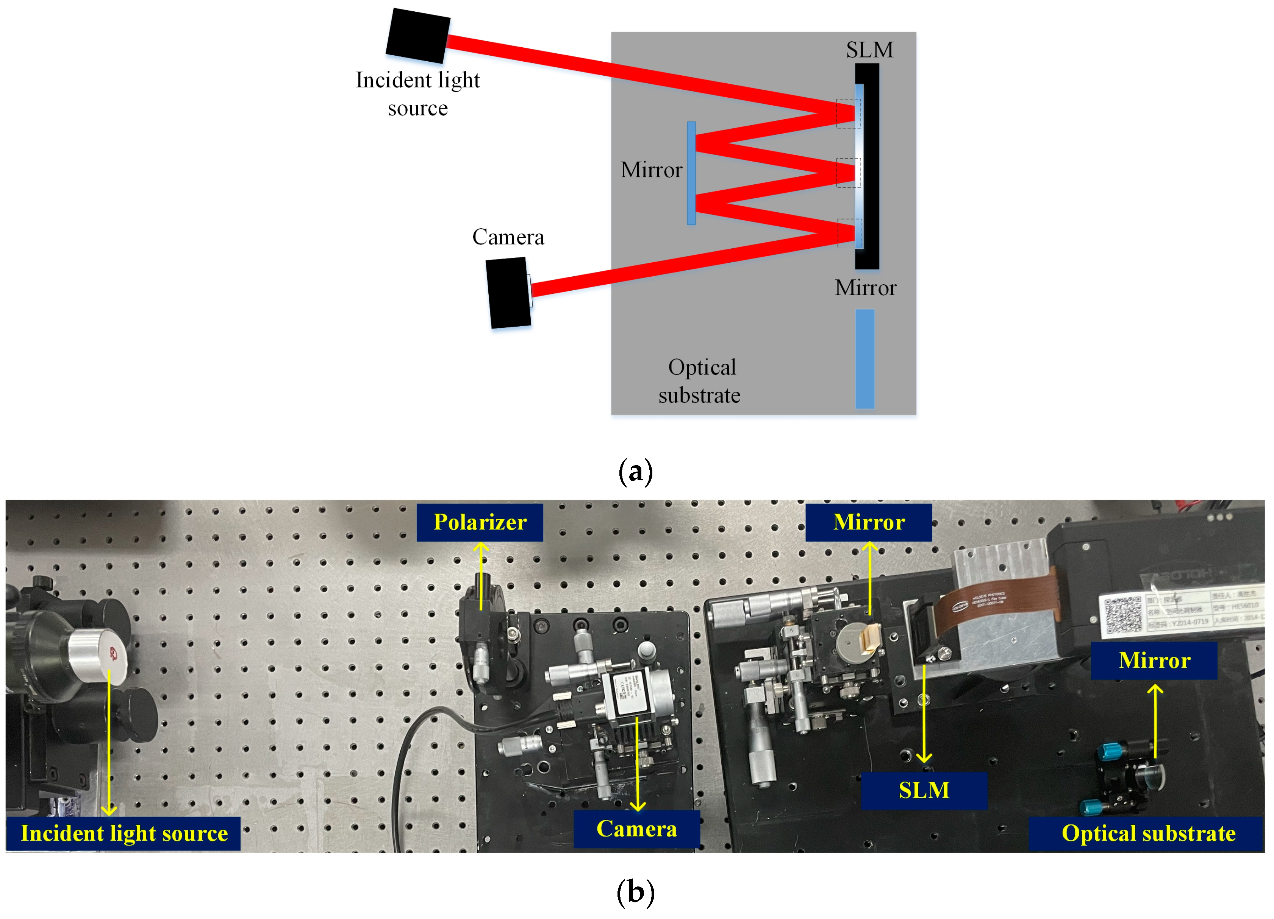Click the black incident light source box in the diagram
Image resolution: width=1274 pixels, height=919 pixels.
[x=418, y=35]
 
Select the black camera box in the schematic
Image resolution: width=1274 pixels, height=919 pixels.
[x=508, y=293]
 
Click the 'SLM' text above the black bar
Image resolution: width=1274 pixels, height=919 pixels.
[x=869, y=50]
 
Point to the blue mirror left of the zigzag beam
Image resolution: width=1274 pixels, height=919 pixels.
[x=691, y=173]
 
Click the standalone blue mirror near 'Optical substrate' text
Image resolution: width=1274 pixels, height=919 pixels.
[x=864, y=359]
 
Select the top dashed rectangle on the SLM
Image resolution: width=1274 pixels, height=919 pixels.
[x=848, y=114]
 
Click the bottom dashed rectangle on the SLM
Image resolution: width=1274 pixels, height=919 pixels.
[x=849, y=233]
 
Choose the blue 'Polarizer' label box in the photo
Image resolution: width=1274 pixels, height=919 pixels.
[x=480, y=522]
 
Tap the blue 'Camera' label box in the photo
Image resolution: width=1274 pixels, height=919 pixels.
[x=636, y=829]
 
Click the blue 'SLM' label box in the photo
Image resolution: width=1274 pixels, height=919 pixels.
[x=924, y=790]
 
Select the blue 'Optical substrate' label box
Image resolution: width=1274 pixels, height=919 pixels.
[x=1147, y=833]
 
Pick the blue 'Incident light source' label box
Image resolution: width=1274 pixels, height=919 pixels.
[x=123, y=833]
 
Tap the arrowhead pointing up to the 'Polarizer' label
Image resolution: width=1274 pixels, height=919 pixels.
[x=480, y=547]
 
